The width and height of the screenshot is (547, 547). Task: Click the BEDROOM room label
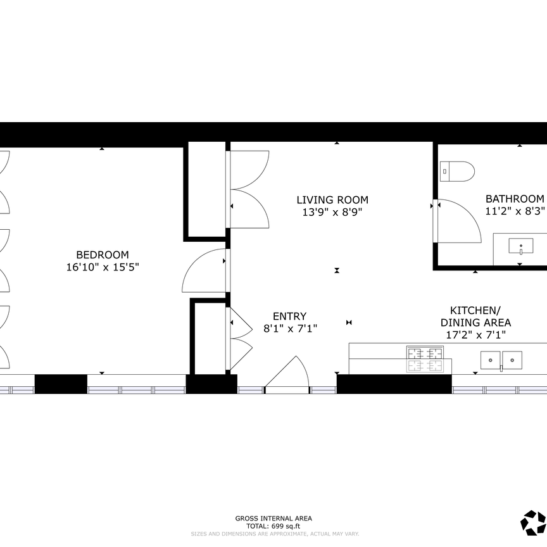[x=102, y=255]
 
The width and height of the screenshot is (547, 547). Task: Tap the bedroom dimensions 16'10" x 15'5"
[x=102, y=267]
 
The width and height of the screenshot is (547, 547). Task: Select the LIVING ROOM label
[x=332, y=200]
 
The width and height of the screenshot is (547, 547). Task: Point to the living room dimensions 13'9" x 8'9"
[x=332, y=213]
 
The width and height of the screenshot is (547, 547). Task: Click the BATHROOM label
[x=515, y=198]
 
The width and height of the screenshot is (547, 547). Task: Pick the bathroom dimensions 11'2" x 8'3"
[x=515, y=211]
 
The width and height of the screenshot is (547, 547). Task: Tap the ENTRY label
[x=289, y=316]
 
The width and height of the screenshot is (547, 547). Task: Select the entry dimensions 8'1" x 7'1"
[x=289, y=329]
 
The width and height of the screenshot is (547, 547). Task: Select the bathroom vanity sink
[x=520, y=246]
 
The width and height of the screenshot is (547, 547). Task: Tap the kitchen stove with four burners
[x=425, y=359]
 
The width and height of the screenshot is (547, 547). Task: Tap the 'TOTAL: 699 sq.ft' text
[x=273, y=526]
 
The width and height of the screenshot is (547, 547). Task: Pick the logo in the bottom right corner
[x=532, y=522]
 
